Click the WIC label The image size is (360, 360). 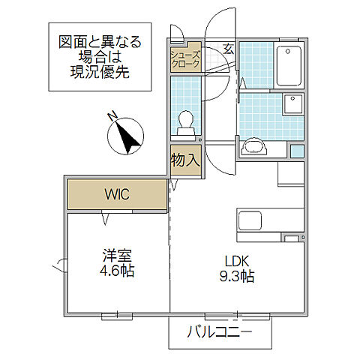[x=116, y=195]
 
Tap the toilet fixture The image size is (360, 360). [x=185, y=122]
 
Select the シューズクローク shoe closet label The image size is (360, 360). [x=185, y=59]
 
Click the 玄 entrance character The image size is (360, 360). [x=227, y=50]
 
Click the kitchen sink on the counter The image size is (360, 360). [x=250, y=221]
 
